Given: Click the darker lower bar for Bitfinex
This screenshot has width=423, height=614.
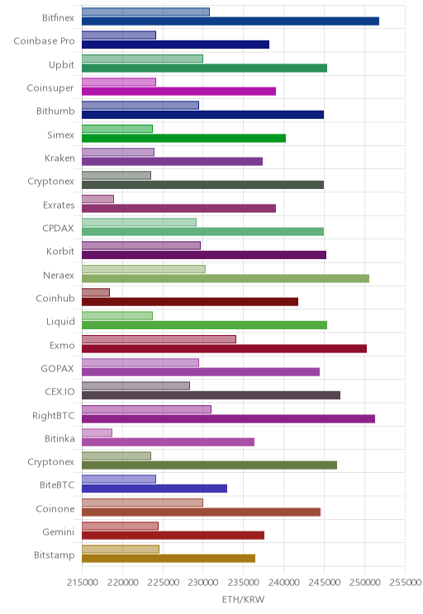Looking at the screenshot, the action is click(231, 21).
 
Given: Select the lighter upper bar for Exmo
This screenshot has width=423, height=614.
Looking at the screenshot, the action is click(159, 339).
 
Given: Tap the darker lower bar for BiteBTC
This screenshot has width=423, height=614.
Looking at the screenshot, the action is click(154, 489).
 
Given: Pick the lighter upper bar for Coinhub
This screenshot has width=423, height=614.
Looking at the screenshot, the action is click(96, 292).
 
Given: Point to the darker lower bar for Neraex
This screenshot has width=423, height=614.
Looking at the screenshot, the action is click(226, 278).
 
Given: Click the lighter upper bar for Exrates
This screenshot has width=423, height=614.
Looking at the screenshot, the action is click(97, 199).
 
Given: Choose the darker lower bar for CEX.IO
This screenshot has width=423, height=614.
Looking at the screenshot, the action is click(211, 395).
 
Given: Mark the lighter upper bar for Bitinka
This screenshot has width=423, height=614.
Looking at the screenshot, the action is click(97, 432).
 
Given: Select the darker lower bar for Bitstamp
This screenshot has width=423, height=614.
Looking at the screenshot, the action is click(169, 559).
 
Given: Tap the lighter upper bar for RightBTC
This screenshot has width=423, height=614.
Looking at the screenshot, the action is click(146, 409).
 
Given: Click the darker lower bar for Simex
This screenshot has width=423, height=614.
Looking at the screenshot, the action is click(184, 138).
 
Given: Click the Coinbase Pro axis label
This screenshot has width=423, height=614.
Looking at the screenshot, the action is click(44, 40).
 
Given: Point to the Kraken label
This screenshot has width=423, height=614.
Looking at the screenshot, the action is click(59, 158).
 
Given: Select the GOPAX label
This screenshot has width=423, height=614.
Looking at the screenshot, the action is click(57, 368).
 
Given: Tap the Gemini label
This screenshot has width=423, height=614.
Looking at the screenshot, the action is click(59, 531).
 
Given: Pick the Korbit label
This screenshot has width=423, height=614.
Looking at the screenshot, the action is click(60, 251).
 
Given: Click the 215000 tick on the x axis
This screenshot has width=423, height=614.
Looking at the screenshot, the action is click(83, 583).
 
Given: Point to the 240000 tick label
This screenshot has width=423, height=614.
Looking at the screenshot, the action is click(284, 583).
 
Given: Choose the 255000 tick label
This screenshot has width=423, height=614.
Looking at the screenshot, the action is click(405, 583).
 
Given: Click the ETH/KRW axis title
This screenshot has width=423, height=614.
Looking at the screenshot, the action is click(244, 599).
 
